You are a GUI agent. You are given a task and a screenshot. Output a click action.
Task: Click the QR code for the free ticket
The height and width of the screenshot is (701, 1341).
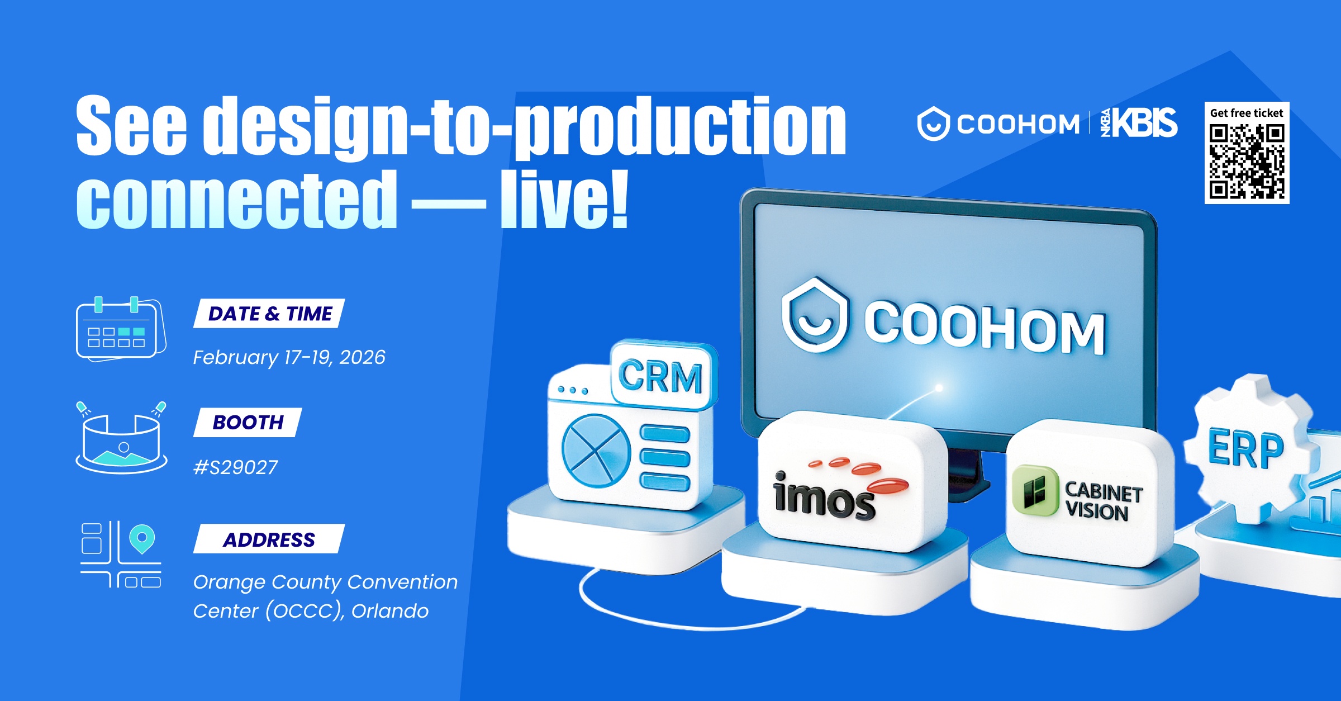1247,161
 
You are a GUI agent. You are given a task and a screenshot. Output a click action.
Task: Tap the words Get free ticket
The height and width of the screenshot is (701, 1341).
1247,113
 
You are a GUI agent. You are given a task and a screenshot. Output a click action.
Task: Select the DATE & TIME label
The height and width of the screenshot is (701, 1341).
270,314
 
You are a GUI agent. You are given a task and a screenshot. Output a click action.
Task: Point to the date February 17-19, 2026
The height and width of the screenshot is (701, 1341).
289,357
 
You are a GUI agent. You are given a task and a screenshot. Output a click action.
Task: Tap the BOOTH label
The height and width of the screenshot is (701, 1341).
248,422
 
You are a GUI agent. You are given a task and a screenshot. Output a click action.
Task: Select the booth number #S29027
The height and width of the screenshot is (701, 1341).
235,467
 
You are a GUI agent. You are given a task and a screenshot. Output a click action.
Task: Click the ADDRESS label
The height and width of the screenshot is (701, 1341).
269,539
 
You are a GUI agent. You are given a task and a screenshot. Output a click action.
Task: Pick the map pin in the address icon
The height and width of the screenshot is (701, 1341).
142,538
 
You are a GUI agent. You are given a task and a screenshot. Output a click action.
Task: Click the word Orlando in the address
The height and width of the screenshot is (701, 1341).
390,611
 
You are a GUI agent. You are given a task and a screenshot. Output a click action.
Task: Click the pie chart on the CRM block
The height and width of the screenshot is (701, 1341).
596,451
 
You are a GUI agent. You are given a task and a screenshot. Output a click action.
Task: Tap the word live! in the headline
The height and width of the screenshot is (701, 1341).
564,200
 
